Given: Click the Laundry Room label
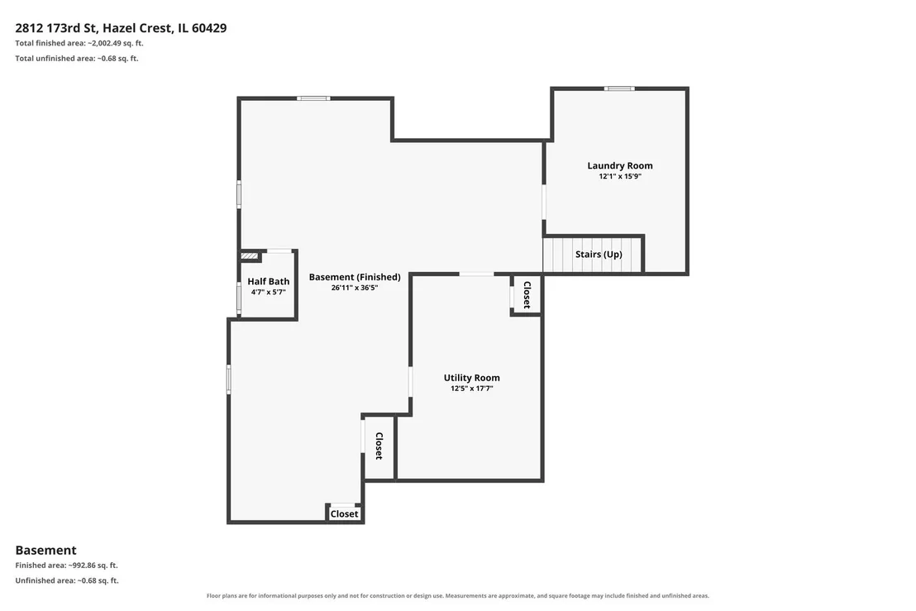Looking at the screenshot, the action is (620, 166).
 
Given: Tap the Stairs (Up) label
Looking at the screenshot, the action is (599, 254).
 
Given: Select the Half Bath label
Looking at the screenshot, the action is (268, 282).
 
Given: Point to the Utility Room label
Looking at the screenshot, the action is (471, 378).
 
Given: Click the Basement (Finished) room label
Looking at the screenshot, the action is (355, 277).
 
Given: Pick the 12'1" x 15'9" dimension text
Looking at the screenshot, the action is (620, 176).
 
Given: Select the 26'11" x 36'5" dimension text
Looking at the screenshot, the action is (355, 288).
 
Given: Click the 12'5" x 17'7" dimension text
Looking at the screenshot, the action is (471, 389).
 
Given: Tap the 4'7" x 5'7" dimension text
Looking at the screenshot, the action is (268, 292).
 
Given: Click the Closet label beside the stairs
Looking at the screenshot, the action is (527, 295).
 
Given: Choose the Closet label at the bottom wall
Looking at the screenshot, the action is (344, 514).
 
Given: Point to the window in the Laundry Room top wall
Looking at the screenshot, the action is (619, 88).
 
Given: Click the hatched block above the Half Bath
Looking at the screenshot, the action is (250, 255).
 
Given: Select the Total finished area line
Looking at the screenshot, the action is (79, 43).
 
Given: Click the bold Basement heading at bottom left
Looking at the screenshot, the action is (45, 551).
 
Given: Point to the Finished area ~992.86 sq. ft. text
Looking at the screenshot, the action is (67, 566).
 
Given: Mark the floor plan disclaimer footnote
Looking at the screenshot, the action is (457, 596).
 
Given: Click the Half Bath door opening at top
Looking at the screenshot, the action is (279, 251).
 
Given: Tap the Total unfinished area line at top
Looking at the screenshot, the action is (77, 59).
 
